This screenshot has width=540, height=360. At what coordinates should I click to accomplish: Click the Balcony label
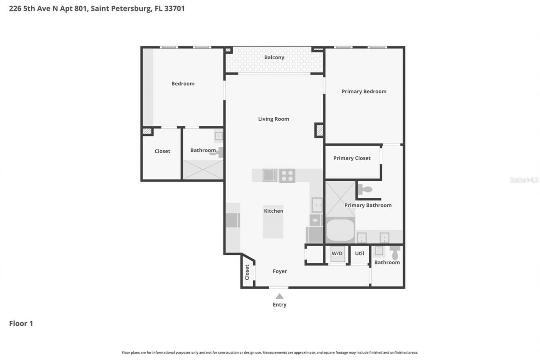coord(274,57)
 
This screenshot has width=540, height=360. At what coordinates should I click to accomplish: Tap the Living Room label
coord(273,119)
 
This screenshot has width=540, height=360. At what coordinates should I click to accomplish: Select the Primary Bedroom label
coord(364,92)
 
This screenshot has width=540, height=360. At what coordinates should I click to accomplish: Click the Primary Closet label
coord(352,158)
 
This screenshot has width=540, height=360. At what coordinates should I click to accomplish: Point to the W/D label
coord(337,254)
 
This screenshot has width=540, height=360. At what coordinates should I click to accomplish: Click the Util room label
coord(359,254)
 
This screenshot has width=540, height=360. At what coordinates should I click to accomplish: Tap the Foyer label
coord(280,271)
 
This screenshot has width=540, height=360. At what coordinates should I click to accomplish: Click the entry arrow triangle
coord(279,296)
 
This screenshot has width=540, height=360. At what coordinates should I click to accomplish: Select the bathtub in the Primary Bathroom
coord(340,230)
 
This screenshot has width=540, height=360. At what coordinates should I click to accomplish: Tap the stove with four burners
coord(287,176)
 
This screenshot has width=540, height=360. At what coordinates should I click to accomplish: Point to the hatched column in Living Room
coord(319,130)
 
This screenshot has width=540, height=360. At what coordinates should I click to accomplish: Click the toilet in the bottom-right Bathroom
coord(395,253)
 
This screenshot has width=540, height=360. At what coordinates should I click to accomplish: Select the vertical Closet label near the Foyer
coord(247,272)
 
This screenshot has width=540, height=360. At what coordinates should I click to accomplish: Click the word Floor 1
coord(21,324)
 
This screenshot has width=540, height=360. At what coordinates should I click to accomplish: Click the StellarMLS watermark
coord(524,180)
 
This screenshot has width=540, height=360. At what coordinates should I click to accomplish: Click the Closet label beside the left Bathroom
coord(162,151)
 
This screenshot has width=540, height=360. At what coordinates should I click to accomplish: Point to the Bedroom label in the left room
coord(183,84)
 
